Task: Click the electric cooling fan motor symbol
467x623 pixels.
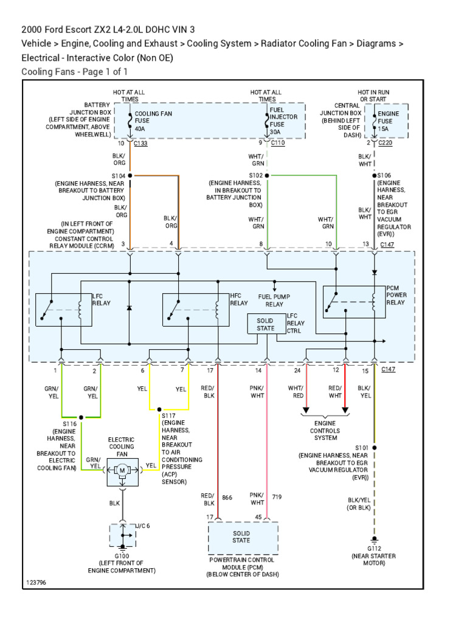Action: pyautogui.click(x=122, y=470)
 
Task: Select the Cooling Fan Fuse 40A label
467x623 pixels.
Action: pyautogui.click(x=150, y=120)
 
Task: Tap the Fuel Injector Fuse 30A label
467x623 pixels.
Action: pyautogui.click(x=283, y=120)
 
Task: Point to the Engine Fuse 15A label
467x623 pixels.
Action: pyautogui.click(x=389, y=120)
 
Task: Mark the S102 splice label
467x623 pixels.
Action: pyautogui.click(x=255, y=175)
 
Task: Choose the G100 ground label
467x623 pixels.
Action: pyautogui.click(x=122, y=556)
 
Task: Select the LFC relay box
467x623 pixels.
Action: pyautogui.click(x=63, y=310)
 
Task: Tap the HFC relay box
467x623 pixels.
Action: pyautogui.click(x=195, y=310)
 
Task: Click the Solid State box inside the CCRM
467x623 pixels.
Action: pyautogui.click(x=265, y=324)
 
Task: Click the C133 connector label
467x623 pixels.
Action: pyautogui.click(x=140, y=144)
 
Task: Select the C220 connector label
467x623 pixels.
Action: pyautogui.click(x=386, y=144)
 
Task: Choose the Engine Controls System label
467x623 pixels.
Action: pyautogui.click(x=325, y=430)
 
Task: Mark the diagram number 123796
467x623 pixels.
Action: pyautogui.click(x=36, y=583)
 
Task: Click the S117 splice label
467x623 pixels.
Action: pyautogui.click(x=168, y=416)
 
